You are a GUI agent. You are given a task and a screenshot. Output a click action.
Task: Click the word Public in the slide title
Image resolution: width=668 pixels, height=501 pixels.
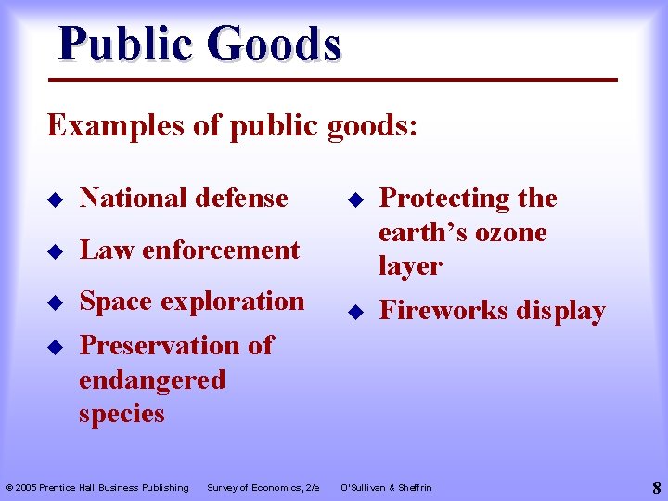pos(124,44)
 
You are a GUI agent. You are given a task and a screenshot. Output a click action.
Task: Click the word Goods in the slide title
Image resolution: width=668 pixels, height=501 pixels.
pos(275,44)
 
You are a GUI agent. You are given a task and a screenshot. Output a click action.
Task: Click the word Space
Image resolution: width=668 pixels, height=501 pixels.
pos(116,301)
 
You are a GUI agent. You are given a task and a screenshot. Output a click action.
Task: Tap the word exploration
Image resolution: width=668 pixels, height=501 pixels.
pos(233,302)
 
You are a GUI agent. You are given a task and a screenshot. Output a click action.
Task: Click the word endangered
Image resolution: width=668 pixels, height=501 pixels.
pos(152,379)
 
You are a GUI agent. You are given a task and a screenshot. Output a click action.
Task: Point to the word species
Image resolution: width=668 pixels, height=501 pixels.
pos(122,414)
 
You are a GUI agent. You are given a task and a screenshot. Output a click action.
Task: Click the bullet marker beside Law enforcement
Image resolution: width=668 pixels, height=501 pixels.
pos(55,250)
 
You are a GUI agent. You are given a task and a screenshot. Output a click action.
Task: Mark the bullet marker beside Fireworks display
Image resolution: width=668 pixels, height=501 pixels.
pos(354,312)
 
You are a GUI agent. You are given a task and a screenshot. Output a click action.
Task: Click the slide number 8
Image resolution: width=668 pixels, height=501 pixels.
pos(656,487)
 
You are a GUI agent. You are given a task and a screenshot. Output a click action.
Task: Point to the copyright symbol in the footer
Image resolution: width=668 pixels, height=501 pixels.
pos(9,488)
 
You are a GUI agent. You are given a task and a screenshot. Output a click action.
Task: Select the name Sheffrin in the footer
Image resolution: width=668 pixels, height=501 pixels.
pos(414,488)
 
